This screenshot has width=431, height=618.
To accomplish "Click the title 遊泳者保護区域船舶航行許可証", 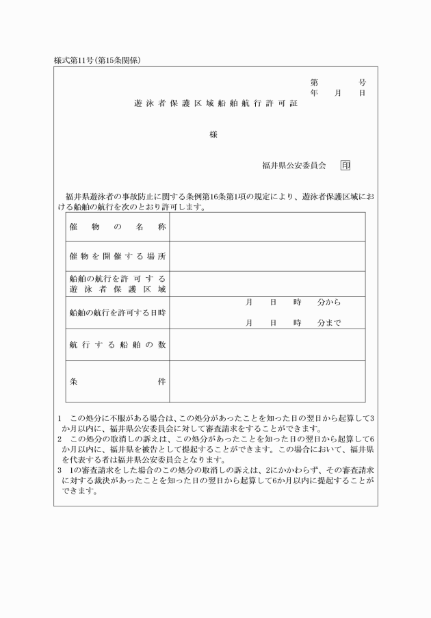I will click(x=216, y=105).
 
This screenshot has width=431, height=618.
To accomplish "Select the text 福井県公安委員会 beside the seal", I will click(x=293, y=166).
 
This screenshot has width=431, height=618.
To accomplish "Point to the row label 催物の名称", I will click(x=118, y=227).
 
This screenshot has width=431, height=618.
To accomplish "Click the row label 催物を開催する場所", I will click(x=118, y=256).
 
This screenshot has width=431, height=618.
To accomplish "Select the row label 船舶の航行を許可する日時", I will click(x=118, y=313).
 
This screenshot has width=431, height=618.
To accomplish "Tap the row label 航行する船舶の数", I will click(x=118, y=345).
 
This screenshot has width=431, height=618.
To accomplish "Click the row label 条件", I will click(x=118, y=382).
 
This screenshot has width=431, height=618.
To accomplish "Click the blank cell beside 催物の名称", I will click(x=267, y=227).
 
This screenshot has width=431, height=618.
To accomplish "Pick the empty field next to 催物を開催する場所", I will click(x=267, y=256).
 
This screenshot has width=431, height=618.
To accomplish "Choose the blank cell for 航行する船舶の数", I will click(x=267, y=345).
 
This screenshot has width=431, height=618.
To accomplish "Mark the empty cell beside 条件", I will click(x=267, y=382).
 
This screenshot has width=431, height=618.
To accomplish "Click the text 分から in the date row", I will click(x=329, y=302).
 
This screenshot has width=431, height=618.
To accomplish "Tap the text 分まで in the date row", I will click(x=329, y=323).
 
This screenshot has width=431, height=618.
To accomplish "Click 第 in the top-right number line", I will click(x=314, y=82).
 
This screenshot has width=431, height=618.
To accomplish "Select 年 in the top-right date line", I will click(x=314, y=92).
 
